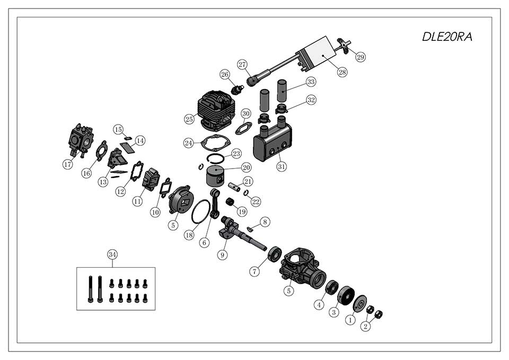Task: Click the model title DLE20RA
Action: tap(446, 37)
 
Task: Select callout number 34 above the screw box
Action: tap(112, 254)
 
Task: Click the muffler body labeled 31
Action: tap(273, 144)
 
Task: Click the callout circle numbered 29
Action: tap(361, 57)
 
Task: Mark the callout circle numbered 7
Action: tap(255, 271)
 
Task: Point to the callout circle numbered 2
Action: tap(365, 326)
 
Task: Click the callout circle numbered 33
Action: tap(311, 82)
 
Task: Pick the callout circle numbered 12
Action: tap(120, 191)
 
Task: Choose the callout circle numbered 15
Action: tap(118, 129)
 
